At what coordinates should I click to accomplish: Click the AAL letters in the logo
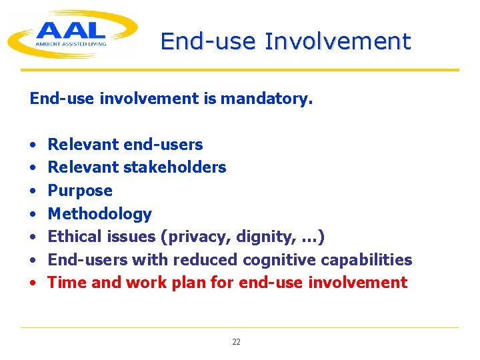click(71, 31)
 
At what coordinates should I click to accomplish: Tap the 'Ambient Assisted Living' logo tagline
click(71, 44)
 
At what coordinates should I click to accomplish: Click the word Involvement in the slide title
click(338, 41)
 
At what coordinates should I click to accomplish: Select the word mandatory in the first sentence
click(266, 99)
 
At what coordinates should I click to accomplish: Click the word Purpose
click(80, 191)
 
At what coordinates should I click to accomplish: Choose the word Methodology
click(100, 214)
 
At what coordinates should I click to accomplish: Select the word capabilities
click(366, 259)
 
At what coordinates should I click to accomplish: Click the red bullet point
click(33, 283)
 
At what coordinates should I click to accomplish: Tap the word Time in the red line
click(67, 282)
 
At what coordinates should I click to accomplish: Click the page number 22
click(236, 342)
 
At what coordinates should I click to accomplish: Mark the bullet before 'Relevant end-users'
click(33, 145)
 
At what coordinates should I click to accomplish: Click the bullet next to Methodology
click(33, 214)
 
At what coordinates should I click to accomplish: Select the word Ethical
click(75, 237)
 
